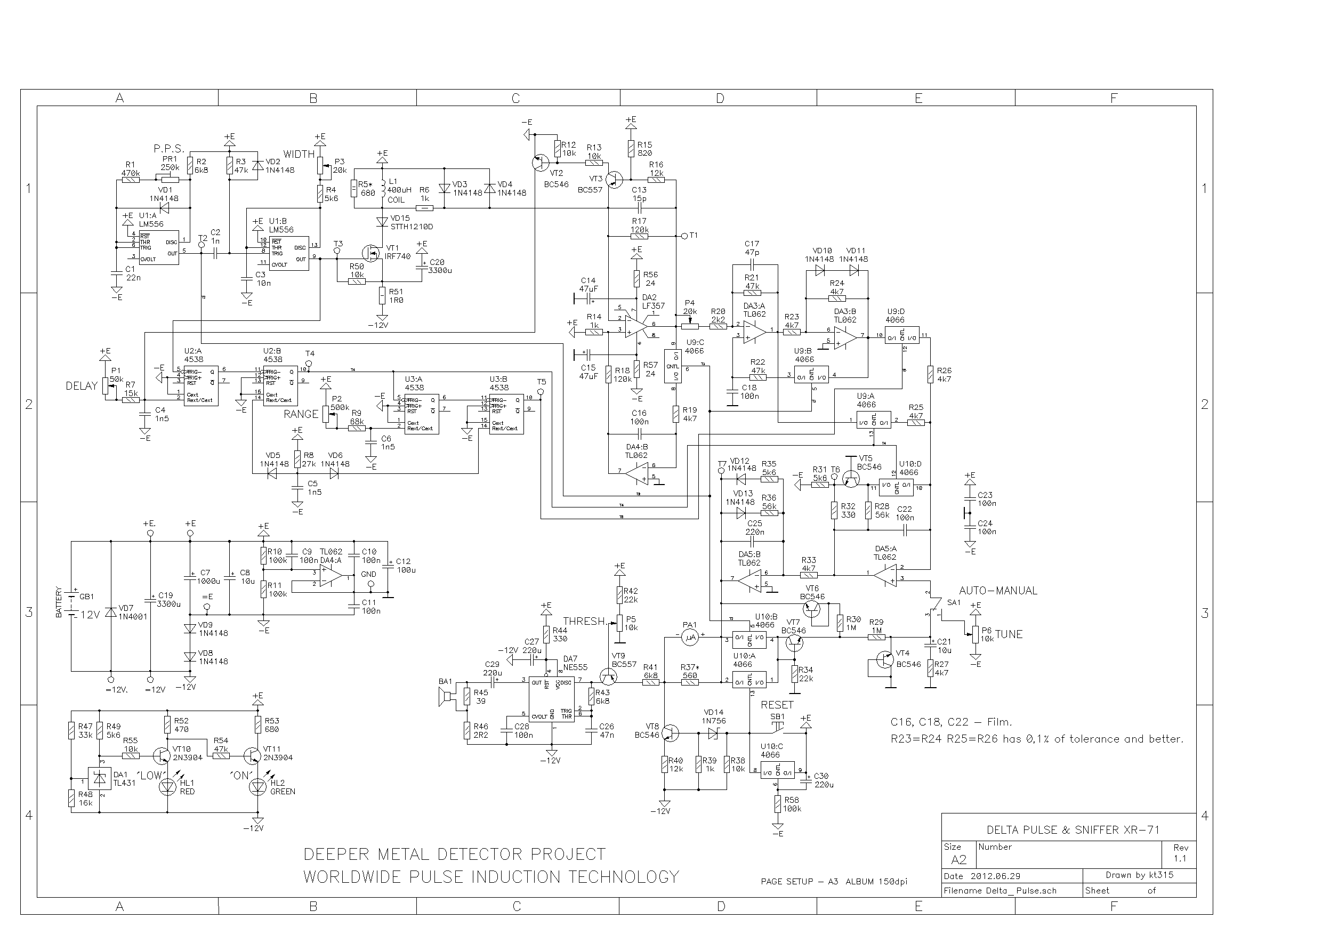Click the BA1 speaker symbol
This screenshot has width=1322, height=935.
pos(445,698)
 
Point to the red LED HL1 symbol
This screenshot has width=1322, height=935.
pos(167,786)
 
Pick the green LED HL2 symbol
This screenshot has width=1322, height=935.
pos(257,786)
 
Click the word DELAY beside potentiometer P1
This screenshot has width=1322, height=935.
pos(81,386)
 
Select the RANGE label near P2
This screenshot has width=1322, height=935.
pos(301,415)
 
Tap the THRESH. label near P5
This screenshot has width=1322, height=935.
pos(584,621)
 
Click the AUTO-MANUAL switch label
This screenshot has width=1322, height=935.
pos(998,591)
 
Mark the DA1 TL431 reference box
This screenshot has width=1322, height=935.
pos(99,778)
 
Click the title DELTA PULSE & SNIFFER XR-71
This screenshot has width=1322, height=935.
pos(1073,829)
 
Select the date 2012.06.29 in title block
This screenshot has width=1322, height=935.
pos(995,876)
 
